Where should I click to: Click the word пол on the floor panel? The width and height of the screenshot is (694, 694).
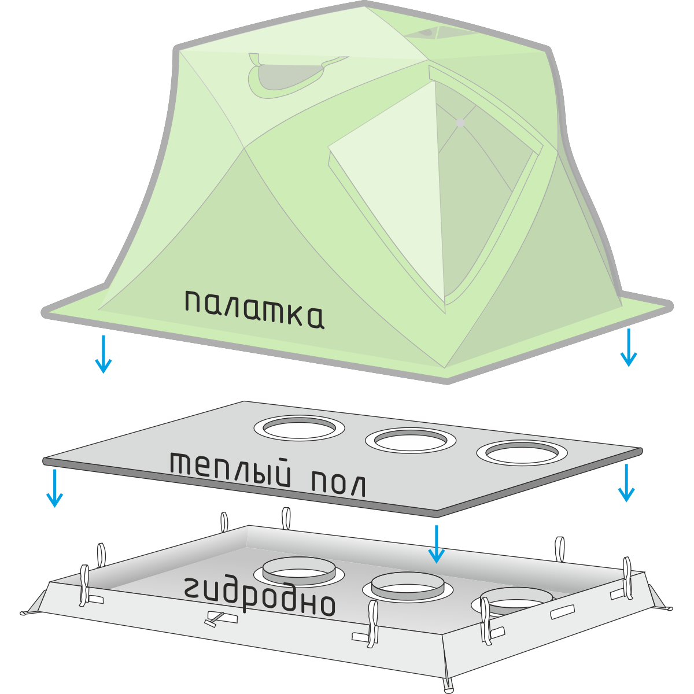click(x=339, y=484)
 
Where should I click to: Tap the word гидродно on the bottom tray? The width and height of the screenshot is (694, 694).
click(x=260, y=596)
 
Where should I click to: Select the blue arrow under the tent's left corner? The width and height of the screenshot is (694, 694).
click(x=104, y=354)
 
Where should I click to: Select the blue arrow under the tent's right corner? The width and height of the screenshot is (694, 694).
click(x=628, y=348)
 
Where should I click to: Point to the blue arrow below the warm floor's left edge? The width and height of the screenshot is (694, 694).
click(x=54, y=488)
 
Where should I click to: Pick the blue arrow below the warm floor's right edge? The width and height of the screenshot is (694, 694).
click(x=626, y=483)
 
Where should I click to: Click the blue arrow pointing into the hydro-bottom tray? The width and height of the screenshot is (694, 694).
click(x=437, y=544)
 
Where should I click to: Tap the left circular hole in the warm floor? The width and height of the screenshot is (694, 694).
click(x=299, y=428)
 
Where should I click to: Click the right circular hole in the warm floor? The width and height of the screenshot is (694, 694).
click(x=521, y=453)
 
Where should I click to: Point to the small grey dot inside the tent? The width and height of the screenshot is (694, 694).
click(x=460, y=123)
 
